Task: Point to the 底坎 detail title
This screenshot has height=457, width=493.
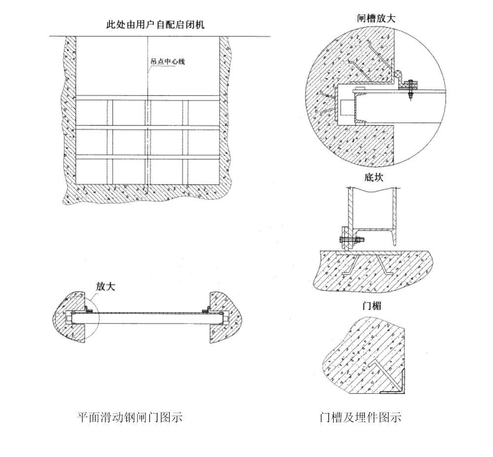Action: click(374, 177)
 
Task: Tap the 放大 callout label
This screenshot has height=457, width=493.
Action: click(106, 286)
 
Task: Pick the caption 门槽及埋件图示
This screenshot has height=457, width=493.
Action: click(360, 418)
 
